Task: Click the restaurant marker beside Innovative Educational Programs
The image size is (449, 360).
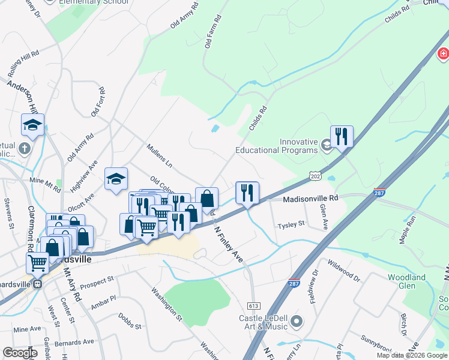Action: (x=342, y=136)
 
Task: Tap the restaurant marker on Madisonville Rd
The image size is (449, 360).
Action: (x=247, y=193)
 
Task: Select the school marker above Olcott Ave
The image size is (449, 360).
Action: (x=116, y=178)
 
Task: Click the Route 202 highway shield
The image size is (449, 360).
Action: (x=315, y=174)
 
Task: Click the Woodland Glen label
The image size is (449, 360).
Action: (x=406, y=281)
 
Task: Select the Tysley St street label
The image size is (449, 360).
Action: (x=291, y=225)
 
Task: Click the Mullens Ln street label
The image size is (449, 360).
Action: (x=159, y=155)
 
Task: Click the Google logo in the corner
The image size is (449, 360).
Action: (x=20, y=353)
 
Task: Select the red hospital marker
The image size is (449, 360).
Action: (x=443, y=55)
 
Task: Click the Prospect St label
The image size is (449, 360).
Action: (x=97, y=280)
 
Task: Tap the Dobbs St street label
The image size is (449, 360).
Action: (x=129, y=321)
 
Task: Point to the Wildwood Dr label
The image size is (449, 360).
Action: (x=344, y=271)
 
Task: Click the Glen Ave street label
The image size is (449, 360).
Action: (x=324, y=217)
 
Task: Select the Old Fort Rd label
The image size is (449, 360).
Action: (x=98, y=102)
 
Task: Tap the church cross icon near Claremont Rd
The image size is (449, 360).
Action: (x=24, y=148)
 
